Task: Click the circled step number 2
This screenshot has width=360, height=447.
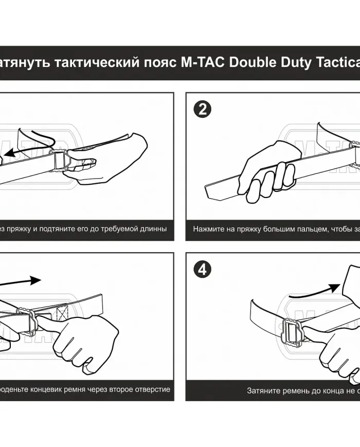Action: [x=202, y=109]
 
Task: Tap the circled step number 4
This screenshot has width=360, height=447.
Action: [x=202, y=270]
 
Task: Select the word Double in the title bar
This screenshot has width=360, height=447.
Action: [x=251, y=63]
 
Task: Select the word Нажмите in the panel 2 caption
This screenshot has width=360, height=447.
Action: [x=208, y=228]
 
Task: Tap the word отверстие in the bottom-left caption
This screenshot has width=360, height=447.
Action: [x=153, y=389]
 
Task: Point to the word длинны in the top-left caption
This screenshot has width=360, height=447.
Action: [x=153, y=228]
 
